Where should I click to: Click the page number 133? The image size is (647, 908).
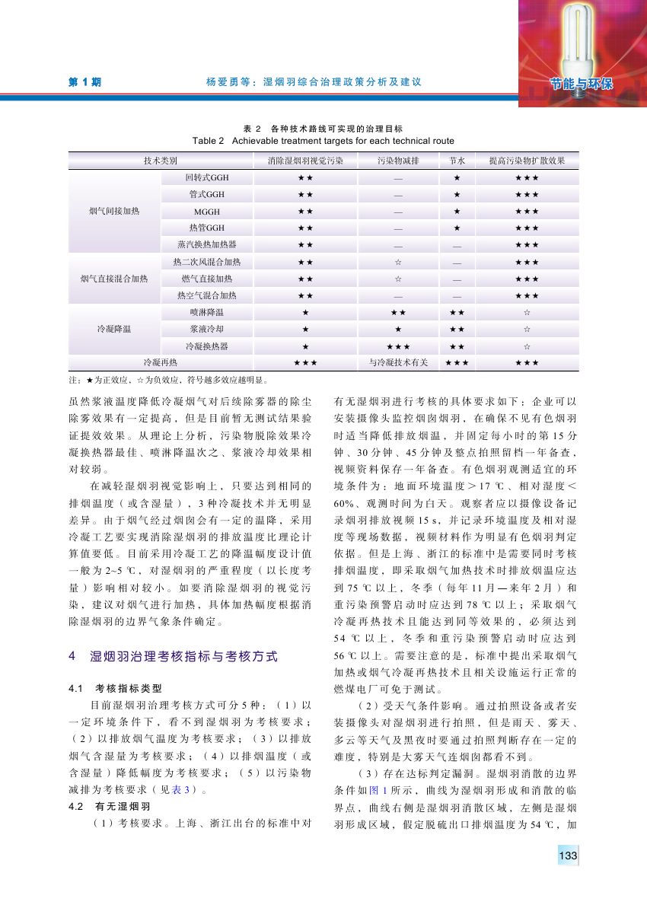pos(568,857)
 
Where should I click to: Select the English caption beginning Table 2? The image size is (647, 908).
pos(323,141)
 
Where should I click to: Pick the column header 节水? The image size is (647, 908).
pos(457,161)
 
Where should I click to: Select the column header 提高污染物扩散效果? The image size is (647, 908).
pos(527,161)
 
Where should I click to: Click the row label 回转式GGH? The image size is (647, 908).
pos(207,177)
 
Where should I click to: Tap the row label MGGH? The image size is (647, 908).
pos(207,211)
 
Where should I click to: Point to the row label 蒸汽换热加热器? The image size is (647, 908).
pos(207,244)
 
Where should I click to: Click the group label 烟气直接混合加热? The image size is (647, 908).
pos(115,279)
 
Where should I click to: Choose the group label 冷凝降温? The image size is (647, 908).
pos(115,329)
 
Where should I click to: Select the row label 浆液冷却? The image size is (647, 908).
pos(207,329)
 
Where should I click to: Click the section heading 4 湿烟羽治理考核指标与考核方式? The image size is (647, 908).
pos(174,655)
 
